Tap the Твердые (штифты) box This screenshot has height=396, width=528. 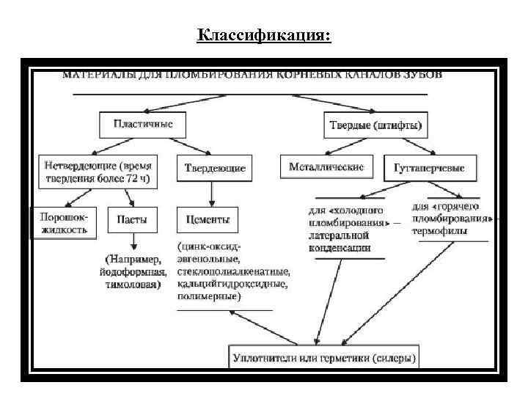pyautogui.click(x=375, y=125)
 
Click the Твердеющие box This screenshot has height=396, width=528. pyautogui.click(x=212, y=168)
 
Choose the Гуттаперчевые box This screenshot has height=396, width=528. pyautogui.click(x=430, y=168)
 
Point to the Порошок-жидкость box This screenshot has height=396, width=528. pyautogui.click(x=63, y=224)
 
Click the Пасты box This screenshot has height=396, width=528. pyautogui.click(x=132, y=219)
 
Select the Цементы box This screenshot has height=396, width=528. pyautogui.click(x=208, y=219)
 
